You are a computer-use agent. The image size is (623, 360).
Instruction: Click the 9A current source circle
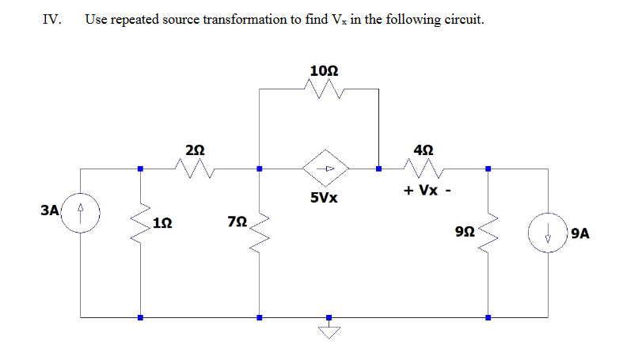tap(547, 233)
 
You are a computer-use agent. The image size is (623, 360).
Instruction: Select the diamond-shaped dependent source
tap(330, 168)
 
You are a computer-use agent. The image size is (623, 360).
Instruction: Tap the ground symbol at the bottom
tap(330, 330)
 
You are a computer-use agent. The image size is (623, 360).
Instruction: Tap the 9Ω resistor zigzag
tap(488, 231)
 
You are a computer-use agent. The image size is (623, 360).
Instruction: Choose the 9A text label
tap(579, 233)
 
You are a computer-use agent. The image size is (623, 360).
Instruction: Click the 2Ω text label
tap(195, 149)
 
